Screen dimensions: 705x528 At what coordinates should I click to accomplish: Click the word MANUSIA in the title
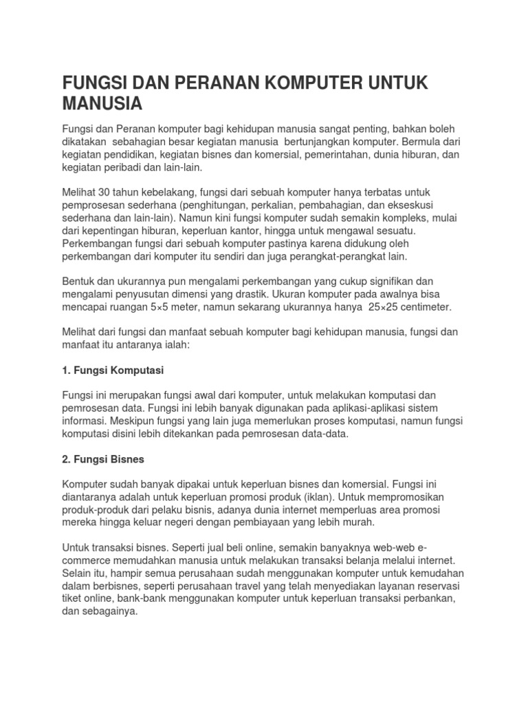coord(102,105)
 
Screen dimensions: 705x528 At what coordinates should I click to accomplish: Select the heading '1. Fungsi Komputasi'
coord(113,370)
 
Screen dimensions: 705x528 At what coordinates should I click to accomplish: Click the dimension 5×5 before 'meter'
coord(162,306)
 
